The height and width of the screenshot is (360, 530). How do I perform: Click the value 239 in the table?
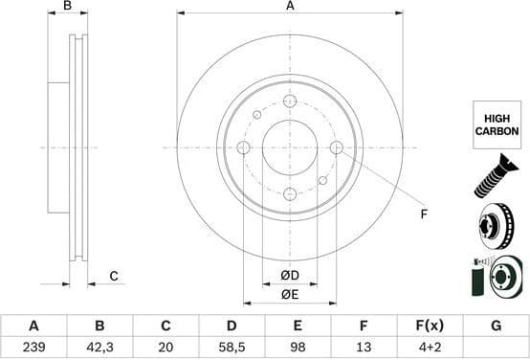tap(33, 347)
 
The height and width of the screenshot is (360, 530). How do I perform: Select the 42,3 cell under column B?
tap(99, 347)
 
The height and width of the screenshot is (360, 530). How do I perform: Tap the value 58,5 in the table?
tap(231, 347)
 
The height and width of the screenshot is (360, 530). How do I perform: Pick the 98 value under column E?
tap(297, 347)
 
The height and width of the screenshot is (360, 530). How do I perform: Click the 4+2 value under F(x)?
tap(429, 347)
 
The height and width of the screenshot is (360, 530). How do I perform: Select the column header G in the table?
tap(495, 326)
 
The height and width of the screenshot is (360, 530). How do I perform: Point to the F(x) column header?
tap(429, 326)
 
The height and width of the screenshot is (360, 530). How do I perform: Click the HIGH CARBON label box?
tap(497, 124)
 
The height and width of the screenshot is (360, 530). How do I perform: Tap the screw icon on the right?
tap(496, 179)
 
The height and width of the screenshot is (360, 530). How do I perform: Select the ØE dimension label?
tap(290, 296)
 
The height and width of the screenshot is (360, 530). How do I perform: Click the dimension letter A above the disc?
tap(290, 7)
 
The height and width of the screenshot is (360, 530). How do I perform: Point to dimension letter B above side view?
tap(67, 7)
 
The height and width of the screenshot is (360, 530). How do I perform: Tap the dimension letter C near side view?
tap(113, 277)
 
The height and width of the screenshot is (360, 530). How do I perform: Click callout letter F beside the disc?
tap(423, 215)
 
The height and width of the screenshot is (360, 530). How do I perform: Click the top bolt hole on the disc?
tap(290, 101)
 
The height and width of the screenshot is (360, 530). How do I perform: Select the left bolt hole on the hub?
tap(243, 147)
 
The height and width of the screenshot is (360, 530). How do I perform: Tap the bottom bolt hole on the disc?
tap(290, 194)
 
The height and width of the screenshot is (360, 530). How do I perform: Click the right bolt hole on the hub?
tap(337, 147)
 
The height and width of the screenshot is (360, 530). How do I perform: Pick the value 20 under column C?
tap(165, 347)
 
